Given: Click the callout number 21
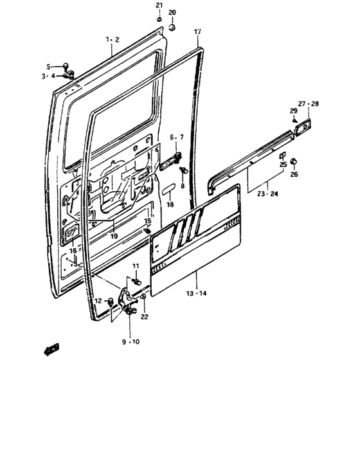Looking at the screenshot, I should pos(159,6).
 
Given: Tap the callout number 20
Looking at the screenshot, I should pos(172,13).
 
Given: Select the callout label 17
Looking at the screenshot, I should pos(197,32).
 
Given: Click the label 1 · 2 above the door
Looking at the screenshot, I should pos(113,39).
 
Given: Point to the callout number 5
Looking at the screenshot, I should pos(48,66).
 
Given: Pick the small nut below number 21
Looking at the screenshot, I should pos(159,19).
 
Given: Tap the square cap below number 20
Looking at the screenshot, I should pos(172,27).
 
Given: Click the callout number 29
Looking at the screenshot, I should pos(293,112).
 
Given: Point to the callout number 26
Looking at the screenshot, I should pos(294,174).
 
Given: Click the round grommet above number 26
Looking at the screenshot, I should pos(294,161).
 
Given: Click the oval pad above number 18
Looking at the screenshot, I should pos(170,192).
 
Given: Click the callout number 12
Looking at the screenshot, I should pos(98,301).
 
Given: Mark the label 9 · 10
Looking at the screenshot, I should pos(131,341).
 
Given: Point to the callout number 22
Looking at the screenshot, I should pos(144,316).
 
